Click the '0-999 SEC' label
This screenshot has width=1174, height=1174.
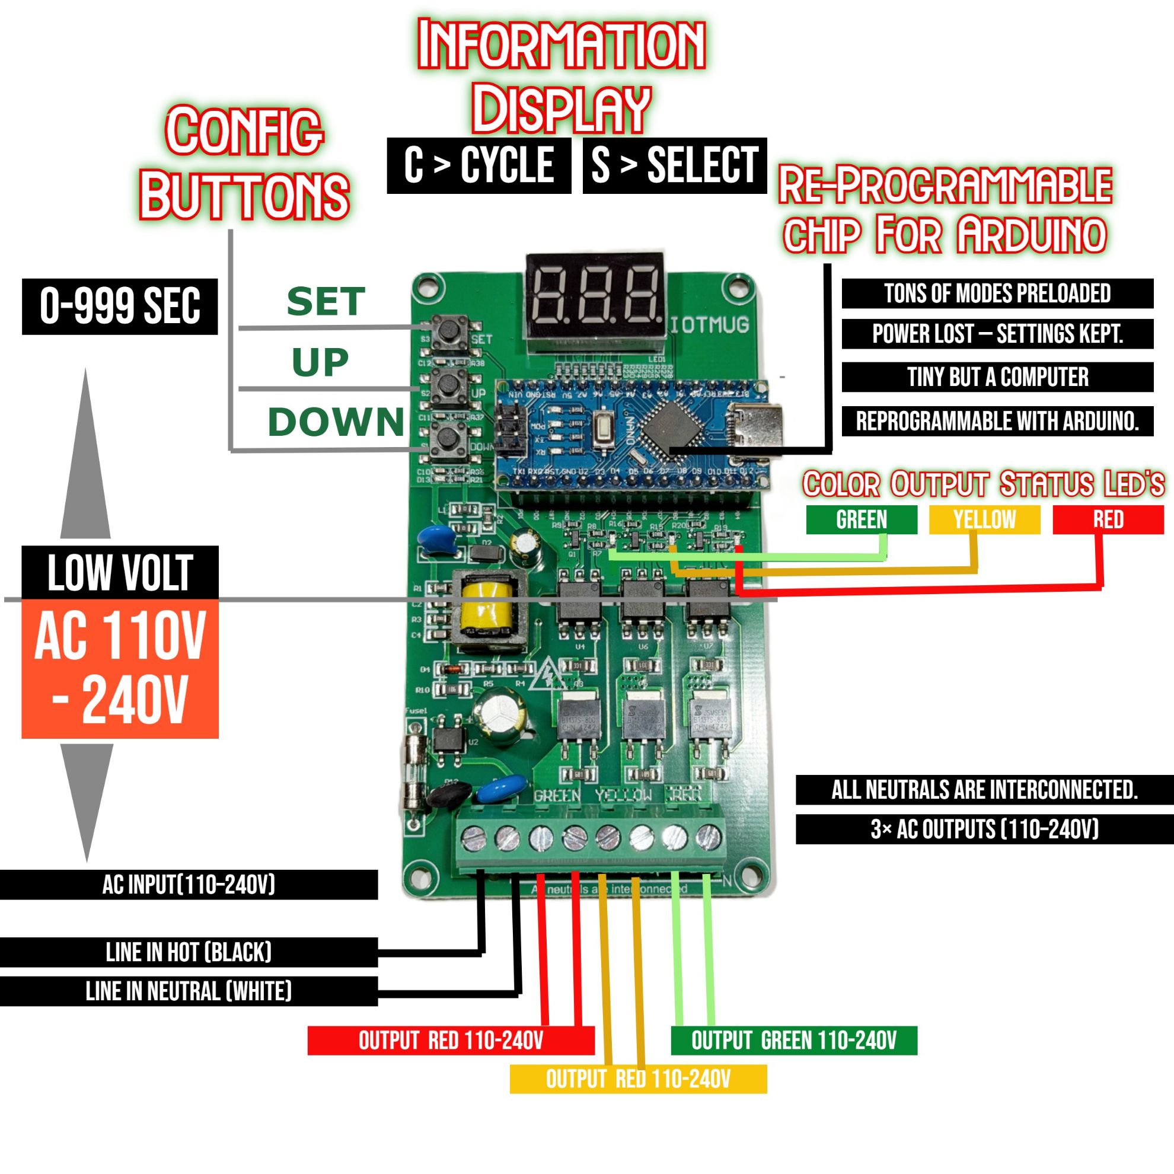tap(120, 307)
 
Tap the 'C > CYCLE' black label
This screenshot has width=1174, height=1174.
tap(479, 165)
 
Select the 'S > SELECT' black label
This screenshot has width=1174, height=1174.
tap(675, 165)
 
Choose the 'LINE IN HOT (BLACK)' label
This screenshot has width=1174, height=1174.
tap(189, 952)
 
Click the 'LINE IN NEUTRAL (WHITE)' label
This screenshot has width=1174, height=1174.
tap(189, 991)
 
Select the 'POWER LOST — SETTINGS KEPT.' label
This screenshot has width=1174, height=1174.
tap(997, 334)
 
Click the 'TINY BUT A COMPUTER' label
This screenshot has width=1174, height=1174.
tap(997, 377)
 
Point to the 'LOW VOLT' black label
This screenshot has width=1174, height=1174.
tap(120, 572)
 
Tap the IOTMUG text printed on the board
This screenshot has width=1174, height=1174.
tap(710, 326)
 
